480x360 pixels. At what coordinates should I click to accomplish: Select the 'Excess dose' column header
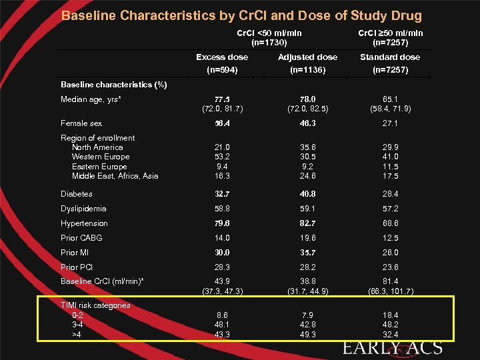coord(222,57)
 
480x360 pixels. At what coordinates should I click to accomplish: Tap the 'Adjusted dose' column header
coord(307,57)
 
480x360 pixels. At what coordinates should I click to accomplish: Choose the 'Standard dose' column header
coord(390,57)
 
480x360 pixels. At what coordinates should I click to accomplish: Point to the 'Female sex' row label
coord(81,123)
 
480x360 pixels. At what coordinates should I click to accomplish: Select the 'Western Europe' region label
coord(101,157)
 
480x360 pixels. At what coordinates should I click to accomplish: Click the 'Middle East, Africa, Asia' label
coord(115,176)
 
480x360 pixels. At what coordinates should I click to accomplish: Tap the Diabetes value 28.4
coord(390,194)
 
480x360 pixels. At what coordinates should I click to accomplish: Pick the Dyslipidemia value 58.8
coord(222,209)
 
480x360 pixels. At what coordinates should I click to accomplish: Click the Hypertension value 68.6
coord(390,223)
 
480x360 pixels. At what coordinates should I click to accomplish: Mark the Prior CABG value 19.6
coord(307,238)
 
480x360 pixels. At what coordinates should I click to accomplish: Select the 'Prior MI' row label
coord(75,253)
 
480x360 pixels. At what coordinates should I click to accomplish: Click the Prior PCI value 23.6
coord(390,267)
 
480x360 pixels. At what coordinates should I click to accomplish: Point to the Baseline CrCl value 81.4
coord(390,281)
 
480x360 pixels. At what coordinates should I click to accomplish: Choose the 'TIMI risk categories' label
coord(95,305)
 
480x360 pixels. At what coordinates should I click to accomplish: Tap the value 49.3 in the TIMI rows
coord(307,334)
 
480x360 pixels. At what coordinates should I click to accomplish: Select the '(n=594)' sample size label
coord(222,70)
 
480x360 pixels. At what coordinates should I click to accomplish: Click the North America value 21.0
coord(222,147)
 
